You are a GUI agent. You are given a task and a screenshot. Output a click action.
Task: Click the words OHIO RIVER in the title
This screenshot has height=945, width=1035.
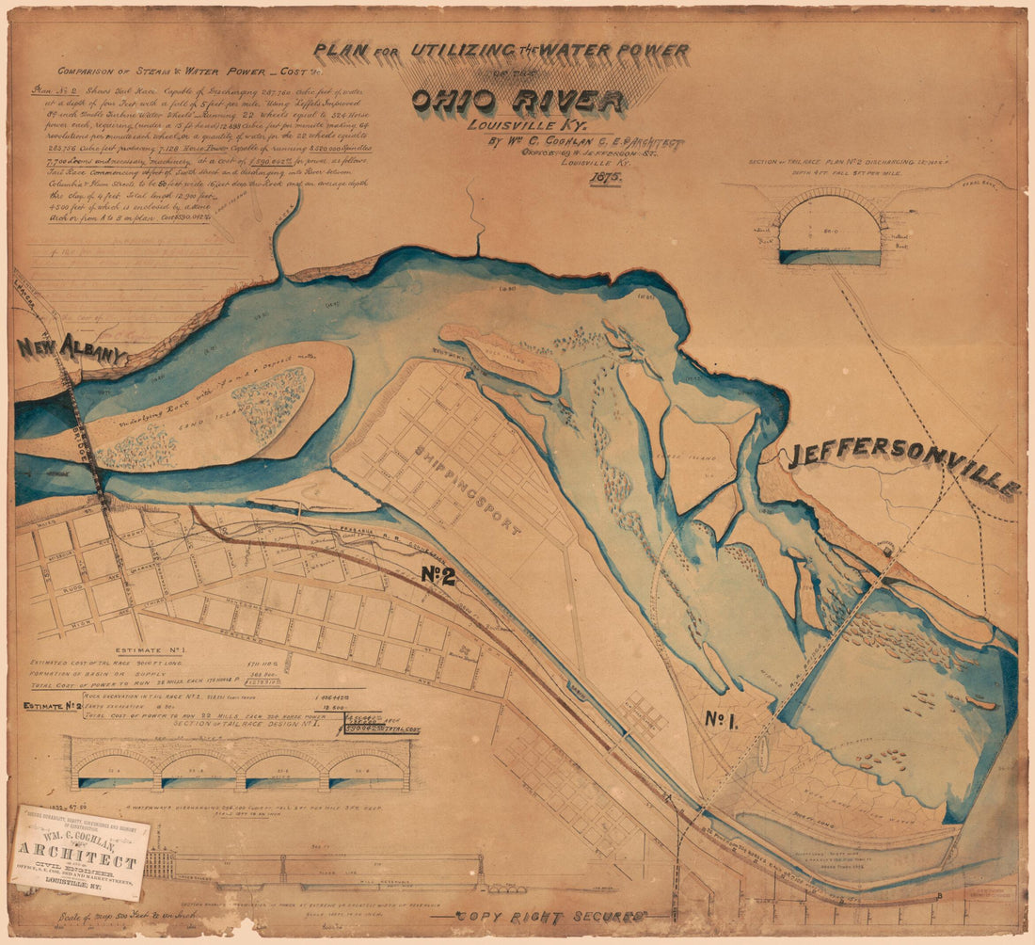click(518, 102)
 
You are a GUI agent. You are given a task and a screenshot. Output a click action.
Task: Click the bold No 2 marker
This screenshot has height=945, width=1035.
click(438, 576)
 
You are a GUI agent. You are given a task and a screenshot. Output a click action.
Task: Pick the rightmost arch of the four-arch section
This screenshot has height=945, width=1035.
click(368, 768)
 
